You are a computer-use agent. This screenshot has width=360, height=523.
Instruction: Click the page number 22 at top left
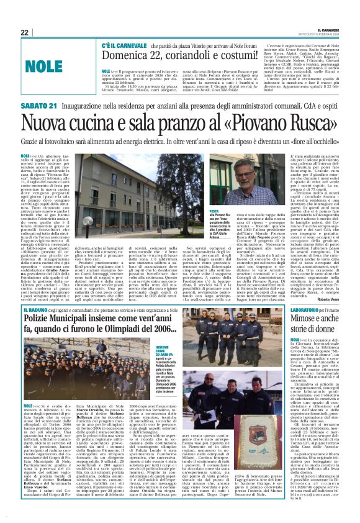pos(24,33)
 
